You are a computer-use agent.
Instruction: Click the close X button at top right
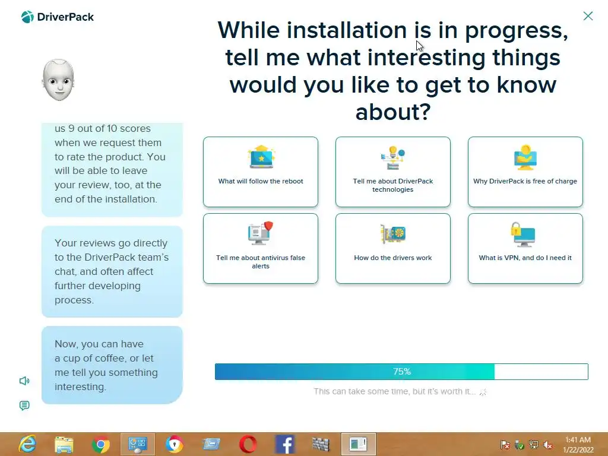588,16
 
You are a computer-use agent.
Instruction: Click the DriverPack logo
58,17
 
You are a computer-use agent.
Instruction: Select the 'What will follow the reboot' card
261,172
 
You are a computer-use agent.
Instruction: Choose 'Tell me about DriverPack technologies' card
393,172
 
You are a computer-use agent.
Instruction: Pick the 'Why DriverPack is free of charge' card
525,172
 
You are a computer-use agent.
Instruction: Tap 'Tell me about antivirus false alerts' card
261,249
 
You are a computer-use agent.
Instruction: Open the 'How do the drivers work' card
393,249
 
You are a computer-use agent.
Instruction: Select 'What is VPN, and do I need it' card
525,249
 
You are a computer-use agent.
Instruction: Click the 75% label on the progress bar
402,372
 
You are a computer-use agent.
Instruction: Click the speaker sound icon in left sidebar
24,381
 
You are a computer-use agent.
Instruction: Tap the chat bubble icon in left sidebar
24,406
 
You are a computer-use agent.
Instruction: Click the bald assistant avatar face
58,80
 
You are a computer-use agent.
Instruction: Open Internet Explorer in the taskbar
27,444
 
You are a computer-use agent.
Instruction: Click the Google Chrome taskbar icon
101,444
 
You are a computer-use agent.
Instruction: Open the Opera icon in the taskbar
248,444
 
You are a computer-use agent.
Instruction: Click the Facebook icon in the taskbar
284,444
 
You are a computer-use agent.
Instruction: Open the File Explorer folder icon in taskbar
64,445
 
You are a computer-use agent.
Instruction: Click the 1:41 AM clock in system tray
578,440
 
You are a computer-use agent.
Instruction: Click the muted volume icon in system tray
548,445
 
